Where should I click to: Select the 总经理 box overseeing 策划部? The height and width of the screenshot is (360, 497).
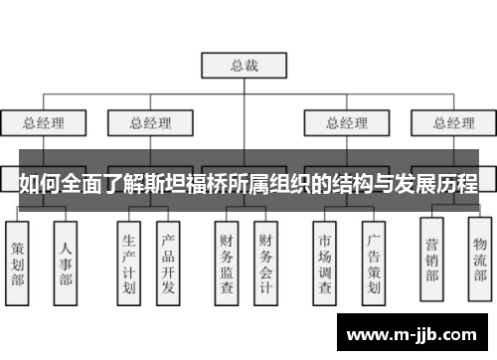pos(44,123)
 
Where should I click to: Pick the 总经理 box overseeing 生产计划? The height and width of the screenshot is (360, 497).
pos(150,123)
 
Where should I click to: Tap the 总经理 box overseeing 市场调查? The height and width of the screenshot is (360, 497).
pos(338,123)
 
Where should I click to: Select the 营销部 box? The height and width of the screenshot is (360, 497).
pos(431,260)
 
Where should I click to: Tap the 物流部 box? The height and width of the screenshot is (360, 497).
pos(480,260)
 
